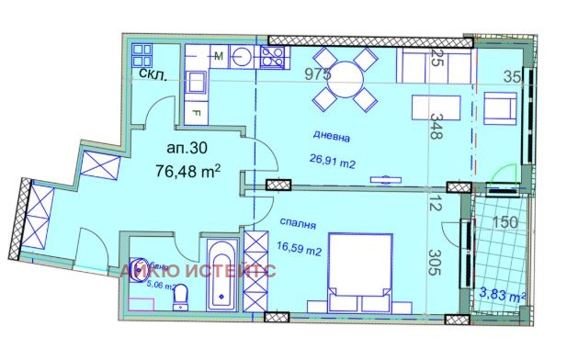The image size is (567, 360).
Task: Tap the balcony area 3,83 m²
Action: (x=502, y=295)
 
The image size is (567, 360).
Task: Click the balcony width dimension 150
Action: (x=505, y=221)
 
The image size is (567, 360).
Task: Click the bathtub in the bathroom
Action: (x=221, y=275)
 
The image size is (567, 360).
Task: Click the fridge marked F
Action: (x=197, y=112)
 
